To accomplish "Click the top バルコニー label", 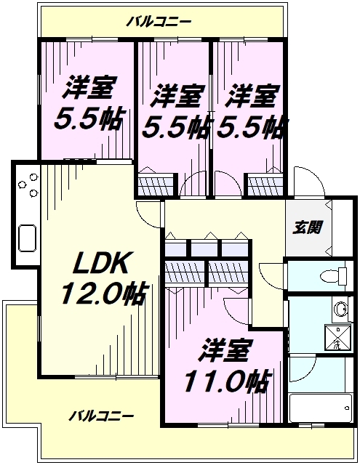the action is (159, 22).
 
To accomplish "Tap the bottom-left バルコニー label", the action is (101, 416).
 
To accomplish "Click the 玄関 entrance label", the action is (308, 227).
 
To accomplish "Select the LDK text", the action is (100, 263).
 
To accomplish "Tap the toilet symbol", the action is (334, 276).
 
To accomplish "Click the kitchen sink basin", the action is (28, 238).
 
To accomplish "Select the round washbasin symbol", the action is (340, 310).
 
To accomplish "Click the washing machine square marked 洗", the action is (337, 338).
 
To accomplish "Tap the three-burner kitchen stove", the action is (28, 185).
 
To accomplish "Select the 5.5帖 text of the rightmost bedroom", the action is (252, 128).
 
